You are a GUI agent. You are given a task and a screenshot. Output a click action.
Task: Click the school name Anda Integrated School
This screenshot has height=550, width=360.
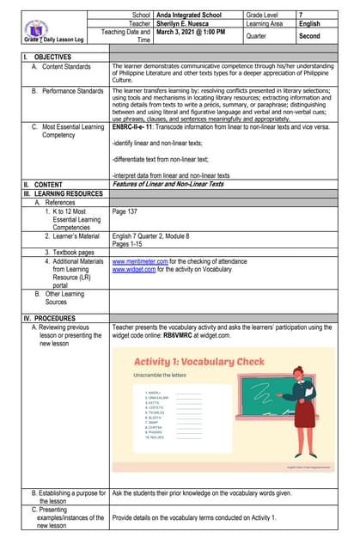click(188, 15)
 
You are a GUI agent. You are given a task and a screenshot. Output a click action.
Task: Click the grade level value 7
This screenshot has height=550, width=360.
click(301, 15)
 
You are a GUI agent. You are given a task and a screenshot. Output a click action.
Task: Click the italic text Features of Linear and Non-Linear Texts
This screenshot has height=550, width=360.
click(168, 183)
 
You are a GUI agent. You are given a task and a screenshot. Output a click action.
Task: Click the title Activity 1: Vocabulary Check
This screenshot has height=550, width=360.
click(198, 362)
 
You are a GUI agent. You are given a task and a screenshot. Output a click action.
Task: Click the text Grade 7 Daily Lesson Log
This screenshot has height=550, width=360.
click(54, 40)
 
